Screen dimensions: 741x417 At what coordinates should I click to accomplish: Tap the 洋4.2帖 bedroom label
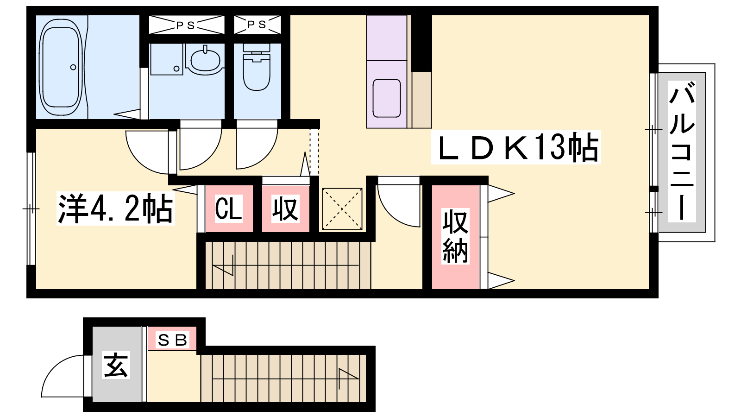click(x=115, y=208)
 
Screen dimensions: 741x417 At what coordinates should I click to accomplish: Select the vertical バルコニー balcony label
click(x=682, y=151)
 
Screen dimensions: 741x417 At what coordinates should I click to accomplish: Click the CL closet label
click(x=229, y=209)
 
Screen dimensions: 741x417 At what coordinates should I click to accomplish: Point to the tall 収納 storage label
click(x=455, y=236)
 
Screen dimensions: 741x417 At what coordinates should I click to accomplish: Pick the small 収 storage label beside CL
click(x=285, y=208)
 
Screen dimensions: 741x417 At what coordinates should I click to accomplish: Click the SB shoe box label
click(x=172, y=340)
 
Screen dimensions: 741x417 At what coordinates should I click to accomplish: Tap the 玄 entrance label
click(x=116, y=366)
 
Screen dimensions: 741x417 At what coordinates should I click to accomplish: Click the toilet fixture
click(x=257, y=67)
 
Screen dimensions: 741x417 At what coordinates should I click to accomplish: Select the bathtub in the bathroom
click(x=61, y=67)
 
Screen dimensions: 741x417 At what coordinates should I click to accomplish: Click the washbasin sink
click(x=205, y=60)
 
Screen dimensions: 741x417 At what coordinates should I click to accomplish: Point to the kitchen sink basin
click(x=387, y=98)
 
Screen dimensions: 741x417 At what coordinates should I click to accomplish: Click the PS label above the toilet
click(x=257, y=25)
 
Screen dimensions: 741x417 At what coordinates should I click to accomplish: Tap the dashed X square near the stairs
click(x=342, y=209)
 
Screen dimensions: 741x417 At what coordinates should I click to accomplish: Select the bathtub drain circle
click(x=73, y=67)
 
